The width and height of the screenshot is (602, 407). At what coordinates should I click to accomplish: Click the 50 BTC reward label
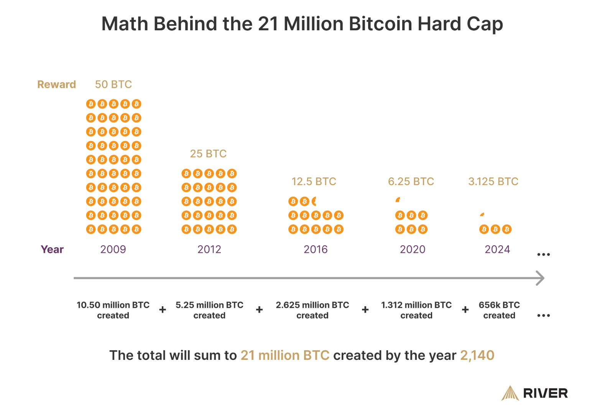(x=113, y=84)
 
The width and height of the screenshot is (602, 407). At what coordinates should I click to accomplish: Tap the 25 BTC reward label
(x=208, y=154)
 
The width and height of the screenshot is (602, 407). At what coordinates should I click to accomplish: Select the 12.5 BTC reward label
(x=314, y=181)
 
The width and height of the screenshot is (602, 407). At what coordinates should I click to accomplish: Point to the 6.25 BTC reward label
(x=411, y=181)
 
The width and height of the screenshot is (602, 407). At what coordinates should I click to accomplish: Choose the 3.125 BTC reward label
(x=493, y=181)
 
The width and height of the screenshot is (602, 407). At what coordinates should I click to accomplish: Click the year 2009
(x=113, y=249)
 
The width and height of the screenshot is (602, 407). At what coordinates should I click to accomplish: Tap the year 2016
(x=316, y=249)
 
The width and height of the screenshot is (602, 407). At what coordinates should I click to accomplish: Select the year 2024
(x=497, y=249)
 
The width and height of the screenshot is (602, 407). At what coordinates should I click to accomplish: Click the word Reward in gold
(x=56, y=84)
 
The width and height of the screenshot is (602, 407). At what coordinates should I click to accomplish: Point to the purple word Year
(x=52, y=249)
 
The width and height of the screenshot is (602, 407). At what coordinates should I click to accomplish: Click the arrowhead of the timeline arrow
(x=541, y=278)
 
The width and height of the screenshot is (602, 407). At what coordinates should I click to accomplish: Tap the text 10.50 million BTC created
(x=113, y=310)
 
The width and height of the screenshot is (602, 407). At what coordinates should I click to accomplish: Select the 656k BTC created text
(x=499, y=310)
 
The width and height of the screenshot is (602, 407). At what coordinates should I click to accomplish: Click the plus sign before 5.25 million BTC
(x=163, y=310)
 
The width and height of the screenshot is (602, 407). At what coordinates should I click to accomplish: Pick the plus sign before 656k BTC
(x=465, y=310)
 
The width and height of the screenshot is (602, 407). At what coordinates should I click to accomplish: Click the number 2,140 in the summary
(x=477, y=355)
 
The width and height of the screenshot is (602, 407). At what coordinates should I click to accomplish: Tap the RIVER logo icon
(x=510, y=393)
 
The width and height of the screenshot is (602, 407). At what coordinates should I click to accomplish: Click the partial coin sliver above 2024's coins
(x=482, y=215)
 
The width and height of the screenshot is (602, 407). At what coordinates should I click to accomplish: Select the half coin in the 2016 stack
(x=314, y=201)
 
